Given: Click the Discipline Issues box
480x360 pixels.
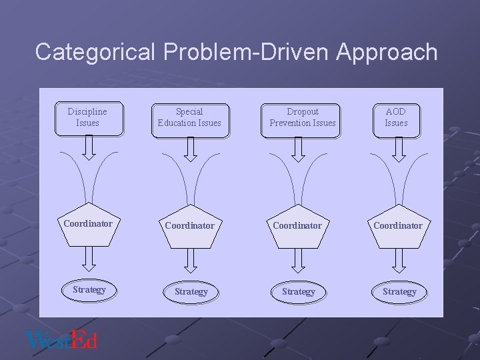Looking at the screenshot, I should (x=87, y=117).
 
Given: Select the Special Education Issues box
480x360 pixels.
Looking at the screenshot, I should (x=189, y=117).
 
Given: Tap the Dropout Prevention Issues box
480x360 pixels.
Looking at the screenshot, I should (x=303, y=117).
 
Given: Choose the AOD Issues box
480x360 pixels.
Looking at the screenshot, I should (x=396, y=117).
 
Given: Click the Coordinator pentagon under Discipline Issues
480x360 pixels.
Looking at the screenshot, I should (x=87, y=227).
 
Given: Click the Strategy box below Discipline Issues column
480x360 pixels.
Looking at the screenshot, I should (x=89, y=290).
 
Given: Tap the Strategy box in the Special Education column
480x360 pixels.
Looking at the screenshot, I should (x=191, y=291).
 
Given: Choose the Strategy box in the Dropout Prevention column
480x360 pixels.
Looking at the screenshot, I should (x=299, y=291).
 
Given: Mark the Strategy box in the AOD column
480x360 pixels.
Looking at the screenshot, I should (x=399, y=291).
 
